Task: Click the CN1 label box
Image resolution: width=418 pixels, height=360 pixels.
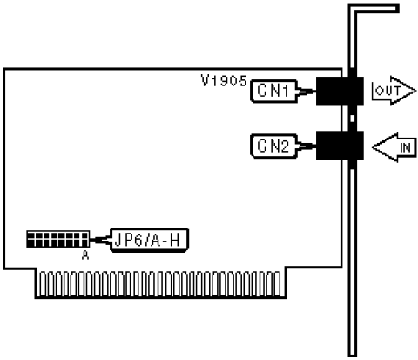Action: [x=273, y=91]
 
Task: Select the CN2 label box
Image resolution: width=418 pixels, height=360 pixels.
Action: [x=273, y=146]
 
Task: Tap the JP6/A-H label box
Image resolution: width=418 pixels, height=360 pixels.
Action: [x=149, y=240]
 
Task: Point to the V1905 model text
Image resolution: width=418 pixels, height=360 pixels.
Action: [x=224, y=80]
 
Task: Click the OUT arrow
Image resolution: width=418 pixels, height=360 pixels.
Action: [x=394, y=91]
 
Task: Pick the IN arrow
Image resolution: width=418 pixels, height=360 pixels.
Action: [x=394, y=147]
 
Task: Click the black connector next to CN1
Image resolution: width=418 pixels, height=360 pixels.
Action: [x=340, y=91]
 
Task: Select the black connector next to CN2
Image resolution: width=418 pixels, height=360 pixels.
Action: [x=340, y=146]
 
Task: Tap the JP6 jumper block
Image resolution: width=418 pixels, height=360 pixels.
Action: [x=57, y=239]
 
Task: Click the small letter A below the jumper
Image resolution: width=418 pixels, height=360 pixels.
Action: [x=85, y=255]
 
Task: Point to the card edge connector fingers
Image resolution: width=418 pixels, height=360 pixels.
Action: [x=160, y=284]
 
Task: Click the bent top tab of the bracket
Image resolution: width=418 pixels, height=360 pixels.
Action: [x=374, y=9]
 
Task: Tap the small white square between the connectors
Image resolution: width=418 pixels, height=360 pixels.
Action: [x=353, y=119]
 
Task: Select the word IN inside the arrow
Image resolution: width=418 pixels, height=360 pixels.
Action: [x=405, y=148]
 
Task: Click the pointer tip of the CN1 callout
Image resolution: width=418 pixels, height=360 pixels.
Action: [x=315, y=91]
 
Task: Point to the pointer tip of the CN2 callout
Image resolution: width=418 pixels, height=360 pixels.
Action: [x=315, y=146]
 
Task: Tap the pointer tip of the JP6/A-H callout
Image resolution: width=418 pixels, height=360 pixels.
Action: [x=91, y=240]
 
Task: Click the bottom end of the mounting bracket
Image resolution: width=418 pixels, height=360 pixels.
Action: [x=353, y=356]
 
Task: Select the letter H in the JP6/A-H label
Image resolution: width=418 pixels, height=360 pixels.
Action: [x=175, y=241]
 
